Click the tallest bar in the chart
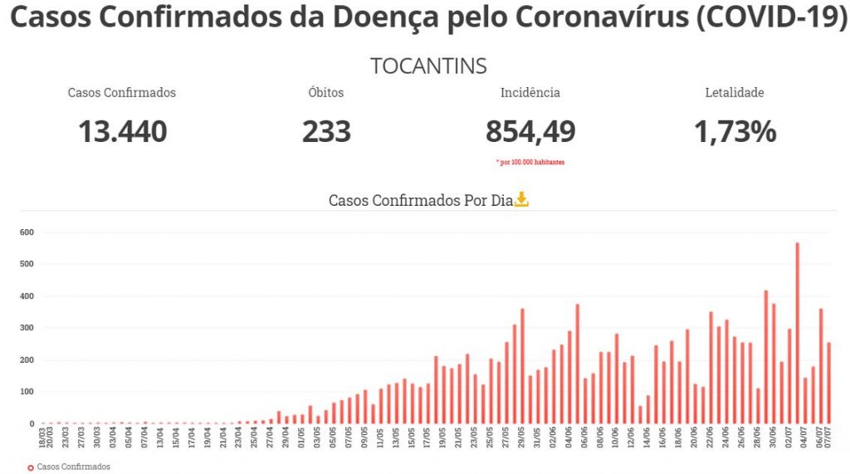(x=797, y=332)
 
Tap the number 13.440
(x=122, y=131)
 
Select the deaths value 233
(x=326, y=131)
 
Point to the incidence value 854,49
(x=530, y=131)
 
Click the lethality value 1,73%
(x=735, y=131)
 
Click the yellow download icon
(x=521, y=199)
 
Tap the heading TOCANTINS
(x=428, y=66)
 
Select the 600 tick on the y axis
(x=27, y=232)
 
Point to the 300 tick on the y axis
(x=27, y=328)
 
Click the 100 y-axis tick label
(x=27, y=392)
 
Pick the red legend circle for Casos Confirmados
(x=31, y=467)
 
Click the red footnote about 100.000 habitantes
(x=530, y=162)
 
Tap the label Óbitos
(x=325, y=93)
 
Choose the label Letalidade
(x=734, y=93)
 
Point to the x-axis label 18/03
(x=42, y=437)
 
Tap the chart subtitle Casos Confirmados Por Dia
(x=420, y=200)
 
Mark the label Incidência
(x=530, y=93)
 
